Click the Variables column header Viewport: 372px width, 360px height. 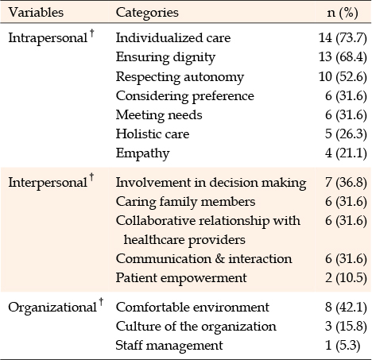tap(36, 13)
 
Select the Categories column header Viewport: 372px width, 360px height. tap(147, 13)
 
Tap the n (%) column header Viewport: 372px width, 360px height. tap(343, 13)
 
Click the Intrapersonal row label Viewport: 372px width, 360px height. tap(48, 38)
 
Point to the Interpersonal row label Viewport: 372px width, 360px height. tap(48, 182)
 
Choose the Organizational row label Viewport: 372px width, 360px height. tap(52, 308)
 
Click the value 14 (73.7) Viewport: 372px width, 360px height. tap(343, 38)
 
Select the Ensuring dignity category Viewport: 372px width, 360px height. tap(165, 57)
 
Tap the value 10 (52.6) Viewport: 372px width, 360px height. tap(343, 77)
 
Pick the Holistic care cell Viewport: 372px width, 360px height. tap(153, 134)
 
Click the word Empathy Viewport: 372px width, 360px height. tap(142, 153)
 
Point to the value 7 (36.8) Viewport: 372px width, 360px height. tap(346, 183)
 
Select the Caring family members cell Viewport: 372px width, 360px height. tap(185, 202)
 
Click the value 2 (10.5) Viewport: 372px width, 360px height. tap(346, 278)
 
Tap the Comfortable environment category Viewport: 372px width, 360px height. tap(192, 308)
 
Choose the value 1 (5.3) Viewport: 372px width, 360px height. tap(343, 346)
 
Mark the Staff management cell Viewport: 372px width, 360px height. tap(169, 346)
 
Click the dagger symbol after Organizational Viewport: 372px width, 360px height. tap(101, 302)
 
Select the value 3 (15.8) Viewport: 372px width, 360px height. tap(346, 327)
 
